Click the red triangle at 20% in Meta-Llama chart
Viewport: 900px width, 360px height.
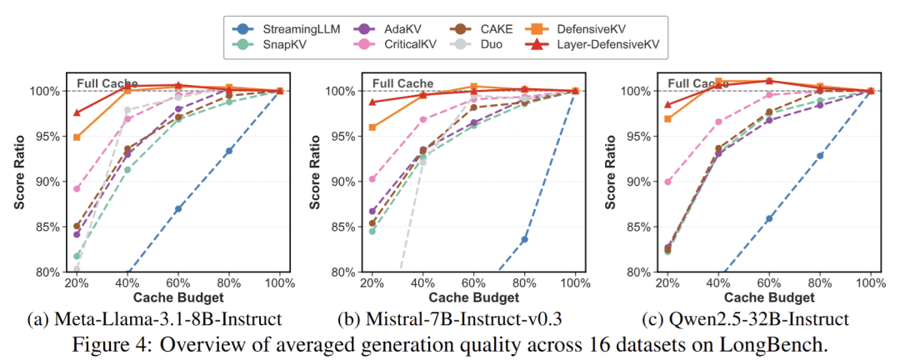click(77, 112)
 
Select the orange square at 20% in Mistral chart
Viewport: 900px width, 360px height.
click(372, 127)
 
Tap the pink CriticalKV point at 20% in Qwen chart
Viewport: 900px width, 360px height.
click(667, 182)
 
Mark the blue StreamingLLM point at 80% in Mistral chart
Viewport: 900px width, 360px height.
click(524, 239)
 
